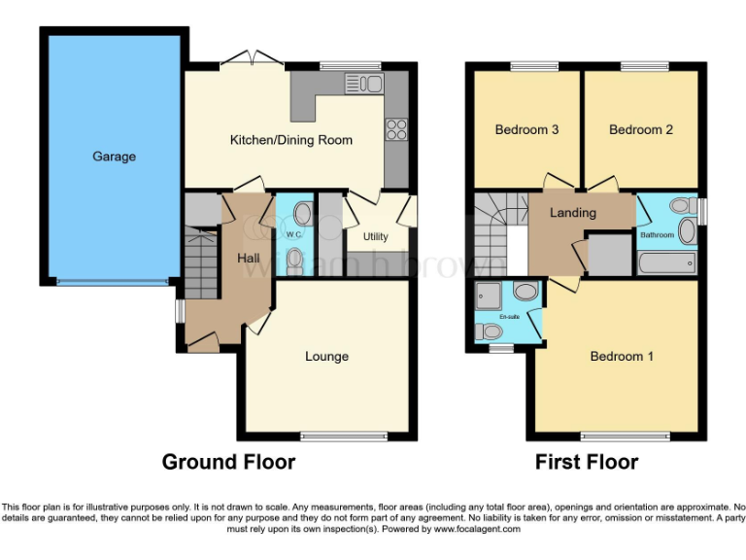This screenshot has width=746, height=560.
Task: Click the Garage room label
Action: [115, 157]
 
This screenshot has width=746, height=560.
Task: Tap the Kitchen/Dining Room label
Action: [290, 140]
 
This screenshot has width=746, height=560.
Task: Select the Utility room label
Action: [375, 236]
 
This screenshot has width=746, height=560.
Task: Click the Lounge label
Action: [326, 357]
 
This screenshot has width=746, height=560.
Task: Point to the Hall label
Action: [249, 257]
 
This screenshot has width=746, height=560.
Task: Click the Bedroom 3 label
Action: [526, 129]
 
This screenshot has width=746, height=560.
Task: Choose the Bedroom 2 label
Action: [641, 129]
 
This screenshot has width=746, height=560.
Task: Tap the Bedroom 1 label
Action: [622, 357]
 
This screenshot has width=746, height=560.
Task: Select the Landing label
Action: [573, 213]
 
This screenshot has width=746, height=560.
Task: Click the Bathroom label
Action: [657, 235]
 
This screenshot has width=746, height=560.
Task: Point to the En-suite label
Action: [509, 317]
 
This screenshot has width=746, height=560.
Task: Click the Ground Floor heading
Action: [228, 462]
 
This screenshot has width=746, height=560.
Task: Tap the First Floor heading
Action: [587, 462]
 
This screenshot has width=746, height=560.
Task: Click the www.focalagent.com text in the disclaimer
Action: [477, 530]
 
